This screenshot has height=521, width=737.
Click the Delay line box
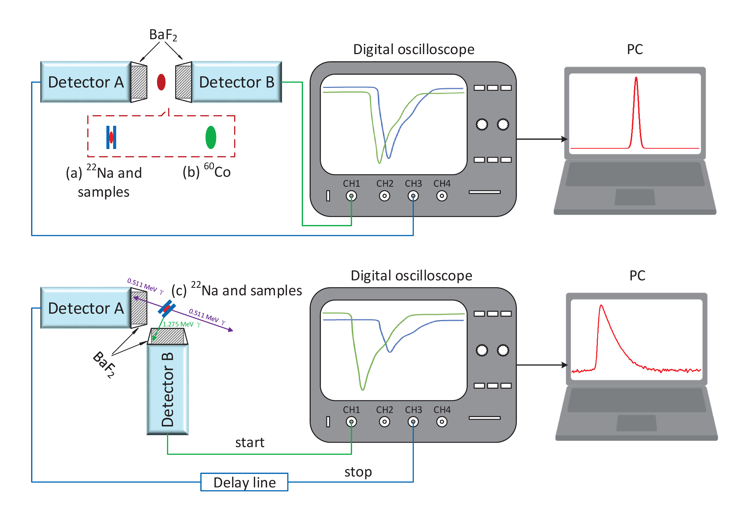(244, 482)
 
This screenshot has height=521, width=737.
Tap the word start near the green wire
(250, 443)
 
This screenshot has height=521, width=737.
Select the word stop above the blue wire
(358, 472)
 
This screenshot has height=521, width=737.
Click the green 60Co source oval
(211, 137)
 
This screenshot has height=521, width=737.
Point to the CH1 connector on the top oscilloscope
(352, 196)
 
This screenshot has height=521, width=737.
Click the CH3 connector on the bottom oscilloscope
(413, 422)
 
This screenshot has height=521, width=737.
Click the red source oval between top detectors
(161, 82)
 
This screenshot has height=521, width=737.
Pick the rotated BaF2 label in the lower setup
(104, 365)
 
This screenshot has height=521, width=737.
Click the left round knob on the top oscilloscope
(482, 124)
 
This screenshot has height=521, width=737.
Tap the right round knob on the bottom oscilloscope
(503, 350)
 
